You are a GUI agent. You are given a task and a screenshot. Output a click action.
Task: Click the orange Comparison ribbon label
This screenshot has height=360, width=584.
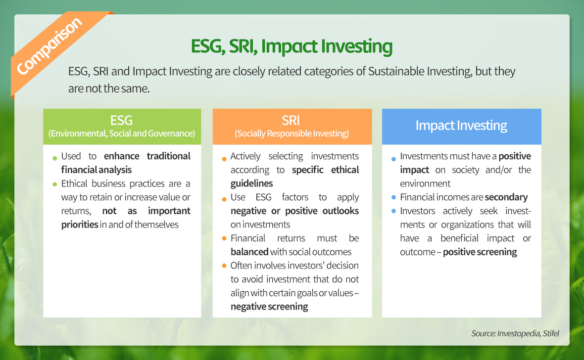49,45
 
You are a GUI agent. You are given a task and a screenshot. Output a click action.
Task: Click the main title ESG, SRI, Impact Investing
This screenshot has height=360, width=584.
292,46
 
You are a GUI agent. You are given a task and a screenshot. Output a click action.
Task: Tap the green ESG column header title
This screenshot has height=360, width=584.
121,120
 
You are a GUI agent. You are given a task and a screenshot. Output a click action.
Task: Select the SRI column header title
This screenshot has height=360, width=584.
291,120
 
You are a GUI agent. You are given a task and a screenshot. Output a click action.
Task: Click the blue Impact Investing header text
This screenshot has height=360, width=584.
461,126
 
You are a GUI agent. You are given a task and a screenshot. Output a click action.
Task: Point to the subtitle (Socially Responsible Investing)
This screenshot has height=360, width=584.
292,134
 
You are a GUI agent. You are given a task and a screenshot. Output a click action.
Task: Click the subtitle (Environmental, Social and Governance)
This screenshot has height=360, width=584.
122,134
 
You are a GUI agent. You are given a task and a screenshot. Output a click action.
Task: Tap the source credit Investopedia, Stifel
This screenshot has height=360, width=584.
515,333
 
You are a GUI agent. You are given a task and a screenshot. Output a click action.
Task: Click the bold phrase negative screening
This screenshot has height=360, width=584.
269,307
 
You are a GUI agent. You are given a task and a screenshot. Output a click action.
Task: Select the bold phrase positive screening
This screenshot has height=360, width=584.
480,252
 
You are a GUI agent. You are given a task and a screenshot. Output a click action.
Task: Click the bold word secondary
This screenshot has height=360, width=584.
506,197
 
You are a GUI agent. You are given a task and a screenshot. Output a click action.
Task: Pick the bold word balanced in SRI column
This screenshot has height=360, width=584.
249,252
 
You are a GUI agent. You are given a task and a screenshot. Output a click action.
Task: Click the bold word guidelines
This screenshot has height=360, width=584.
252,183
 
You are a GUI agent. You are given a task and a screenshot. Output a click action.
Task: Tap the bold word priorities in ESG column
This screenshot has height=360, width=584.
80,225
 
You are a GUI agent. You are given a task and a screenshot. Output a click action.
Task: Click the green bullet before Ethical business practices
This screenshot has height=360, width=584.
55,184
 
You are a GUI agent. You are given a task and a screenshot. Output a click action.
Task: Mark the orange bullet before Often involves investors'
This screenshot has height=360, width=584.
224,266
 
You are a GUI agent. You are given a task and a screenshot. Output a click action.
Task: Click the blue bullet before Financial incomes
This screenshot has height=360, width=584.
393,197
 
